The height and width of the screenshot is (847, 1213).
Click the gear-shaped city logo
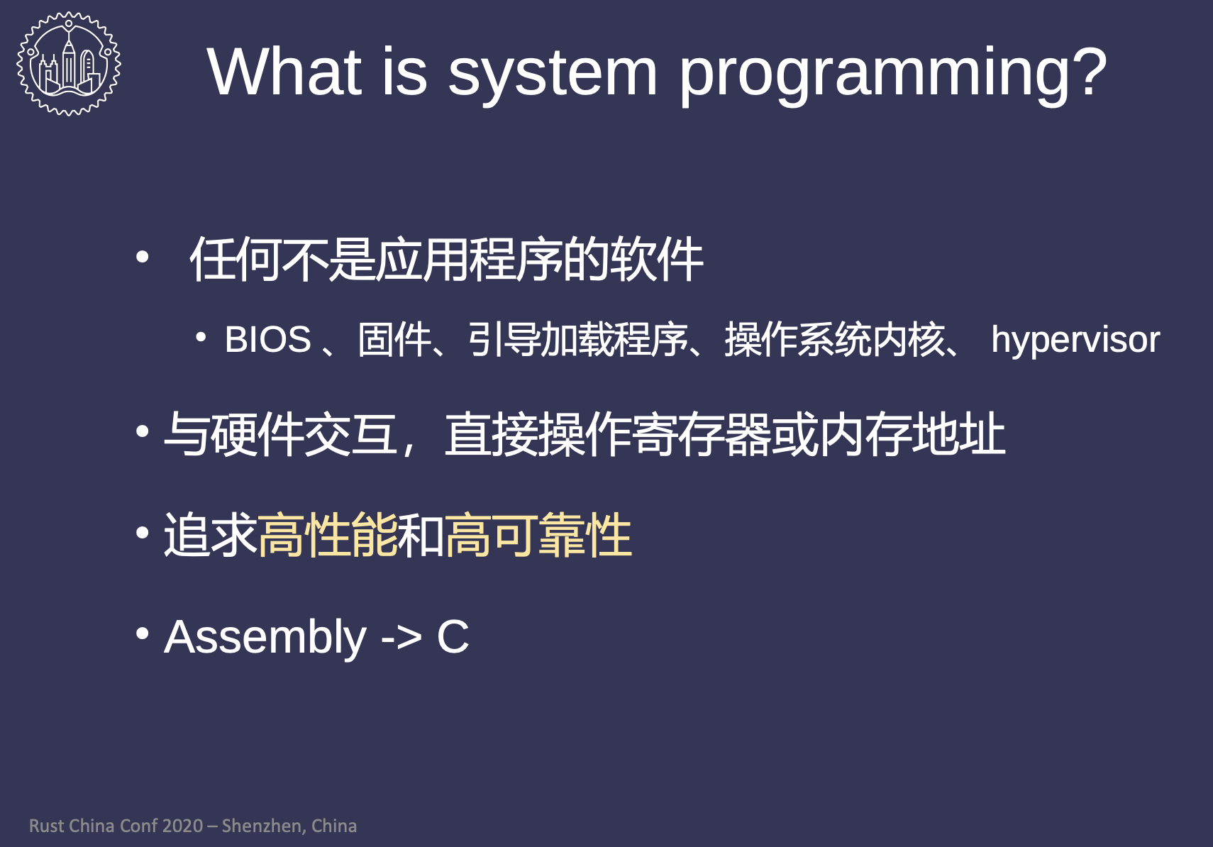69,63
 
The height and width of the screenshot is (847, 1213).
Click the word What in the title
284,72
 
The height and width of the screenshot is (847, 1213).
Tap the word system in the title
553,77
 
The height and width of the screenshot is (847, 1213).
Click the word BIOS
268,340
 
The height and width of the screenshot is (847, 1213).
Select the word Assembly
265,638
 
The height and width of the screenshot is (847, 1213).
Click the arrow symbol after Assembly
401,638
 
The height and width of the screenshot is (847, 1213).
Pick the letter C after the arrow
453,637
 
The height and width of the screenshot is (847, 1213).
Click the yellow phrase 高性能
328,536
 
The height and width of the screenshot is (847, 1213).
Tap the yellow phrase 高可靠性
538,536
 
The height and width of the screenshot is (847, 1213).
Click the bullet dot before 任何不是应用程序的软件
143,257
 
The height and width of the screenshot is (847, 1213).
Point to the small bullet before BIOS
201,338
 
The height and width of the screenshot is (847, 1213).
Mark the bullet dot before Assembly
143,633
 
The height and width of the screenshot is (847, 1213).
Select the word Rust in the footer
47,826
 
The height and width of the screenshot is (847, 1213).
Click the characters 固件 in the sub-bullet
395,340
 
